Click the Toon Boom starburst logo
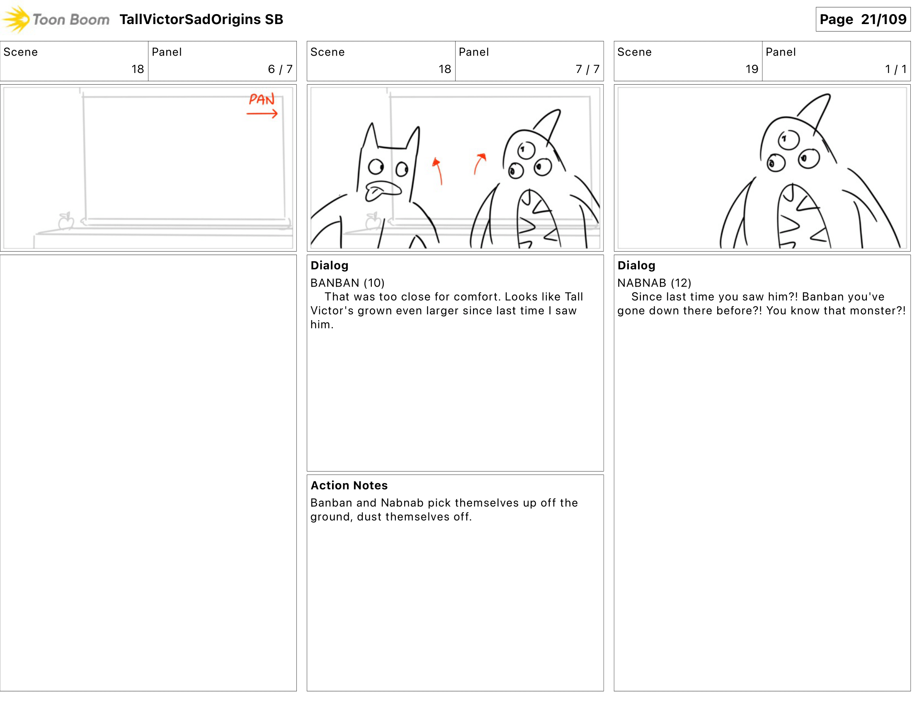click(16, 19)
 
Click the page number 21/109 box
click(863, 19)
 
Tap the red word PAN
click(262, 100)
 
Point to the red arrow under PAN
click(262, 114)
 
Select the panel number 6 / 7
click(280, 69)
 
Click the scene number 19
click(752, 69)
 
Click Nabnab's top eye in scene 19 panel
click(788, 139)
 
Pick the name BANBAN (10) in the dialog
click(347, 283)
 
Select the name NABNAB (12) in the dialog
click(654, 283)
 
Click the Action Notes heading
click(349, 485)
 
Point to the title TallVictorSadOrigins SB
click(201, 19)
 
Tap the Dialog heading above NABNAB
click(636, 266)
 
